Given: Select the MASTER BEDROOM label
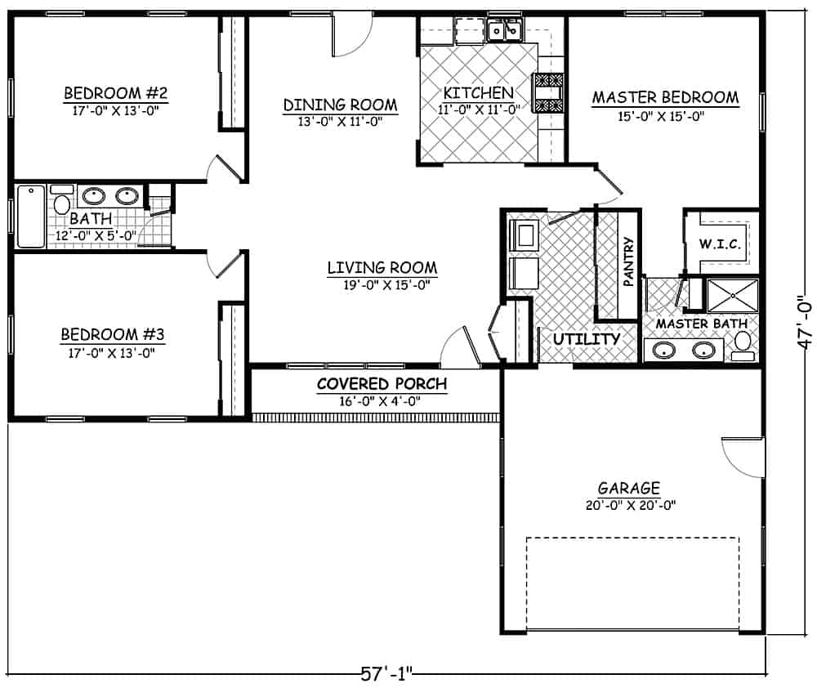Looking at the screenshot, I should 665,97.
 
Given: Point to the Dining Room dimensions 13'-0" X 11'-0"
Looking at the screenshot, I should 341,121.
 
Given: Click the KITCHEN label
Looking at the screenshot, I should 479,92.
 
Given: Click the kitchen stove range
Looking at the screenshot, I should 548,91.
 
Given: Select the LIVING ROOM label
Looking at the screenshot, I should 382,267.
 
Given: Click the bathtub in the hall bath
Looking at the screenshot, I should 31,217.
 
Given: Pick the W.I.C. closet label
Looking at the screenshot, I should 720,243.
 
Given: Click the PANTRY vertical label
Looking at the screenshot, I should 628,261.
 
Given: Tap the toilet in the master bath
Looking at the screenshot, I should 742,345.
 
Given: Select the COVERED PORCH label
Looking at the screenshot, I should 382,384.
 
